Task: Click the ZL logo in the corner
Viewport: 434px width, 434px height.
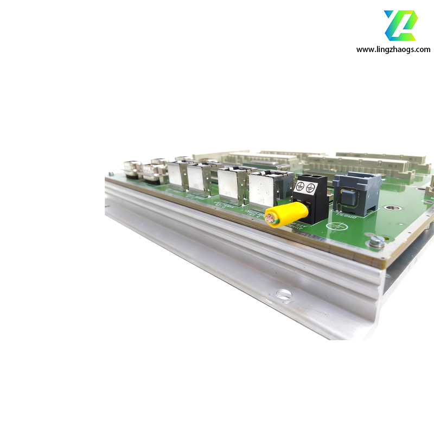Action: (x=400, y=25)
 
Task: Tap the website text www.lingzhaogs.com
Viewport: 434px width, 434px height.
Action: (x=393, y=49)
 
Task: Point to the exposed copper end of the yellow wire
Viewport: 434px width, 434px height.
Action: (x=270, y=219)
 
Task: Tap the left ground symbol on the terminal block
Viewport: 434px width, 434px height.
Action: (x=299, y=189)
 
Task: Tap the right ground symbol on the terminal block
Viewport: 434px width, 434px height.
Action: (x=310, y=188)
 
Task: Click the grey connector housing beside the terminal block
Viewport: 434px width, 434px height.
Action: (x=356, y=193)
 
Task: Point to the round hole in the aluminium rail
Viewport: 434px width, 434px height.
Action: (x=284, y=295)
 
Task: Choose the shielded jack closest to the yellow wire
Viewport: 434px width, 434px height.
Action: (x=264, y=189)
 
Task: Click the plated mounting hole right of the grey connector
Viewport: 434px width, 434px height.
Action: (x=391, y=207)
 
